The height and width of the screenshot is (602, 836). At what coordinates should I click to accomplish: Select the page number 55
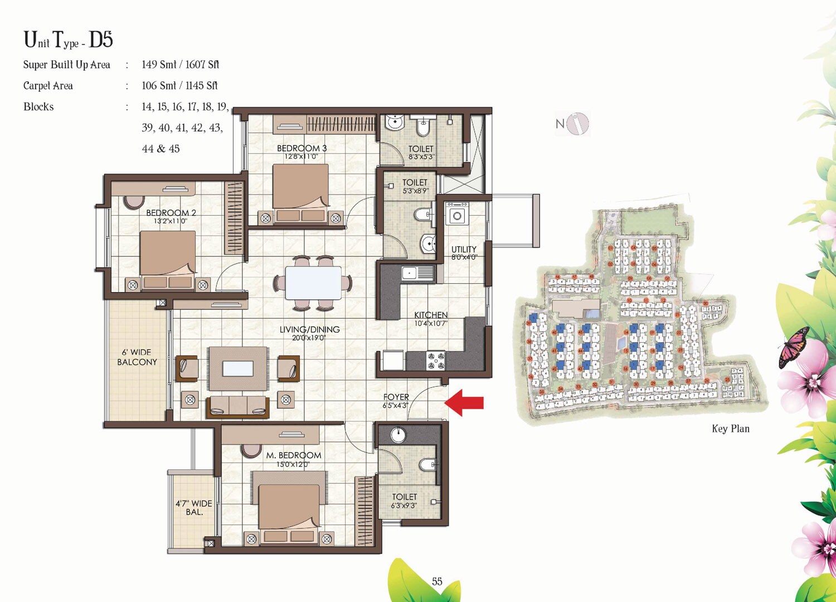[437, 581]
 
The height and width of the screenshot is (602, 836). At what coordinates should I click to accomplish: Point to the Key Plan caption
[730, 429]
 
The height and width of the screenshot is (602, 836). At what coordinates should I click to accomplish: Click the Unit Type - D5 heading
[68, 40]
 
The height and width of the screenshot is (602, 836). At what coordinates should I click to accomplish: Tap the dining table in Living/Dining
[313, 283]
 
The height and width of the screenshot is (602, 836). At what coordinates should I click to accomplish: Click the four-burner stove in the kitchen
[435, 360]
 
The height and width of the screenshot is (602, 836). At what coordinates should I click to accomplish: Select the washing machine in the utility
[457, 215]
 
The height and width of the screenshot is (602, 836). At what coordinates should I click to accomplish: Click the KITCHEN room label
[430, 315]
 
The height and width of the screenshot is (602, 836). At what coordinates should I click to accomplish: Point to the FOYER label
[396, 397]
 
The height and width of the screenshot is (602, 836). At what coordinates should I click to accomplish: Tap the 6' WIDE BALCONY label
[137, 357]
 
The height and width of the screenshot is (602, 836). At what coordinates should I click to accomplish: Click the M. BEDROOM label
[293, 455]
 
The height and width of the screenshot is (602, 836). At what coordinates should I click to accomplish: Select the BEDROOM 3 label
[302, 148]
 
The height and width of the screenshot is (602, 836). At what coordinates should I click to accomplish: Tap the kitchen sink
[410, 273]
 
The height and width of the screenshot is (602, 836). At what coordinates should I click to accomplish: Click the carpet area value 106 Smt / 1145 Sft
[179, 86]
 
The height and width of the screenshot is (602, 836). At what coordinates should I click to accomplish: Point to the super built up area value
[180, 65]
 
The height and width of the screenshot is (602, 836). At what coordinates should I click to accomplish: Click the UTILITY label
[464, 249]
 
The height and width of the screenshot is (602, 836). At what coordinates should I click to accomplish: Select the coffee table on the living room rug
[238, 368]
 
